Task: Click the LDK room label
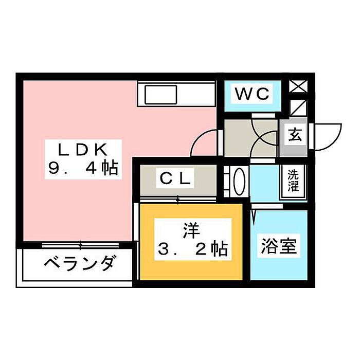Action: (x=83, y=150)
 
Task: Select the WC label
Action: (x=253, y=94)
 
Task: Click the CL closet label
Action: (x=175, y=178)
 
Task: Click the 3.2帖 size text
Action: (x=193, y=248)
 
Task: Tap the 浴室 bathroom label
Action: (x=279, y=246)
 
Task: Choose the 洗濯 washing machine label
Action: (x=294, y=181)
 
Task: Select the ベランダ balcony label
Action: (x=79, y=263)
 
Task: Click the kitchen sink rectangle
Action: (x=160, y=94)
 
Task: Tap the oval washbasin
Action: (x=239, y=181)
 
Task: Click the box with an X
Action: (x=298, y=86)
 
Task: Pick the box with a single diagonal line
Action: (x=298, y=108)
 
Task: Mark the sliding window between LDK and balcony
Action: (x=80, y=245)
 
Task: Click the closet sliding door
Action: (x=178, y=200)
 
